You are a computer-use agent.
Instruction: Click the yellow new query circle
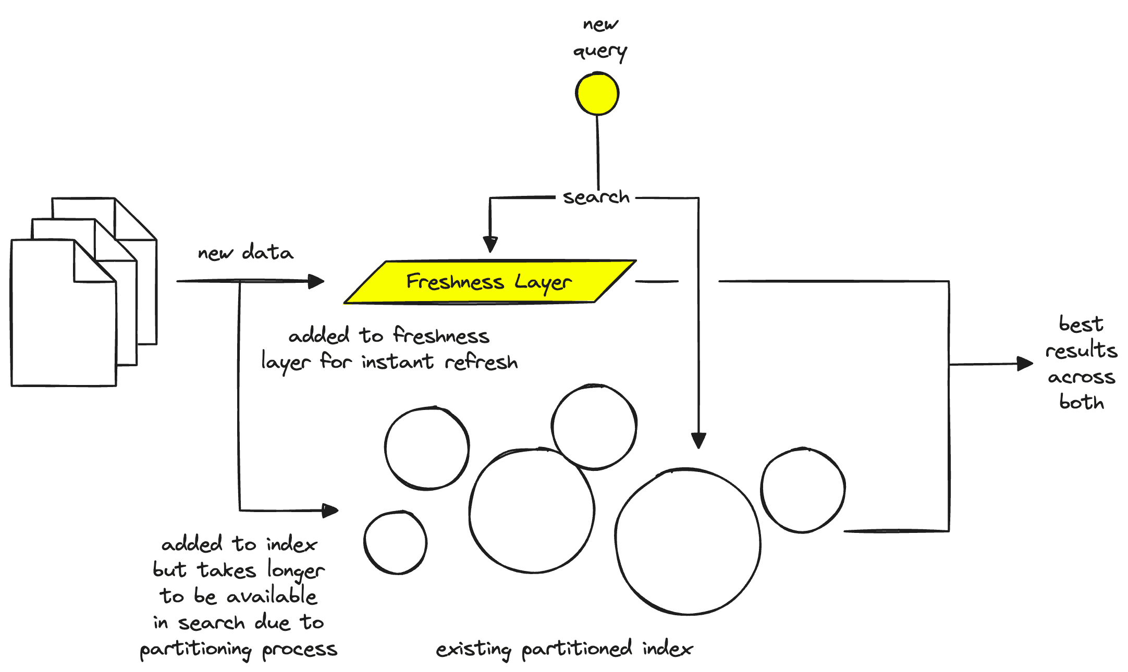click(x=597, y=94)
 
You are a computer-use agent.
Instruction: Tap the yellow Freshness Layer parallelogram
click(x=490, y=282)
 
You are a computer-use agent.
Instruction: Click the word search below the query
click(x=596, y=197)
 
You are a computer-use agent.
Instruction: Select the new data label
click(x=246, y=253)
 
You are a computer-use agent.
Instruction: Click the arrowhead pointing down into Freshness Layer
click(x=490, y=244)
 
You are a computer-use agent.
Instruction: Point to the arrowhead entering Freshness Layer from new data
click(x=316, y=281)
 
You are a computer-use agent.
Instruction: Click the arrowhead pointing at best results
click(x=1025, y=364)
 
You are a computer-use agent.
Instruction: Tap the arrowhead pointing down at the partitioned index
click(x=698, y=441)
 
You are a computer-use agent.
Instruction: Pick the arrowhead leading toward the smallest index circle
click(x=330, y=511)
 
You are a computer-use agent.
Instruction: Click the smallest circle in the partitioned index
click(x=396, y=543)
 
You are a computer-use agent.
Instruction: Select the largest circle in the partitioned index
click(x=688, y=542)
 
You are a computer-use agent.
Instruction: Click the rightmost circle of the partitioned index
click(x=803, y=490)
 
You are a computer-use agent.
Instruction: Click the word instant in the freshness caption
click(x=397, y=362)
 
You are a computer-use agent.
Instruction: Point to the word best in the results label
click(x=1081, y=325)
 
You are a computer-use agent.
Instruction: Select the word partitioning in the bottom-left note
click(x=196, y=650)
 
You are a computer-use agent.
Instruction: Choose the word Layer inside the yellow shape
click(x=543, y=283)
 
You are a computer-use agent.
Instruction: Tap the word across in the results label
click(x=1082, y=377)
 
